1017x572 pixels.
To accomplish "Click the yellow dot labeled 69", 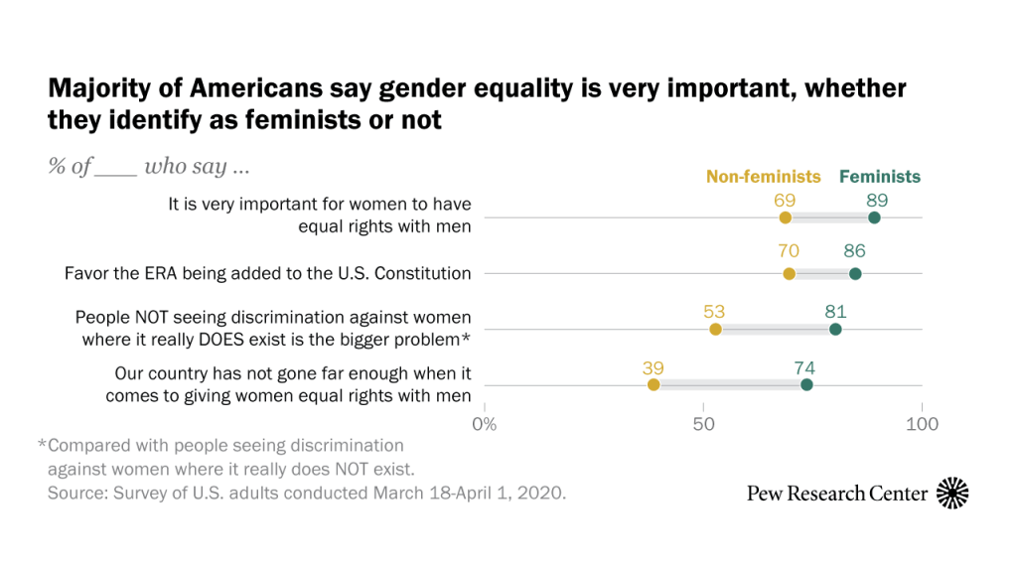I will tap(786, 218).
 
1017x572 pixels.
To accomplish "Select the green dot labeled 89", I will tap(874, 218).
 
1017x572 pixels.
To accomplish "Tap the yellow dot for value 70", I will tap(790, 274).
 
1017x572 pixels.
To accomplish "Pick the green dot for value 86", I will tap(855, 274).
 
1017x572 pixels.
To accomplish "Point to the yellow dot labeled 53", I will tap(715, 330).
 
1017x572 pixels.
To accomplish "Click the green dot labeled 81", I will tap(835, 330).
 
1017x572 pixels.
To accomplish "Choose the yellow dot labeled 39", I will tap(654, 385).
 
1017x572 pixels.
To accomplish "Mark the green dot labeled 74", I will tap(806, 385).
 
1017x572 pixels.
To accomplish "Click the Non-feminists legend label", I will tap(763, 177).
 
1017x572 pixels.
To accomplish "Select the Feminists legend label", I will tap(880, 177).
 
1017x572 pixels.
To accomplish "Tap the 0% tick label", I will tap(485, 425).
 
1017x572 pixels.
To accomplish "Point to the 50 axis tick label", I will tap(703, 425).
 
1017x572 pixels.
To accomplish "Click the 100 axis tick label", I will tap(923, 425).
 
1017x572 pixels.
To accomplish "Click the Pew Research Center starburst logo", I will tap(952, 493).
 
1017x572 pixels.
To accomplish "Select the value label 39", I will tap(654, 367).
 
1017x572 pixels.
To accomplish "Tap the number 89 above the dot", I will tap(875, 199).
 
